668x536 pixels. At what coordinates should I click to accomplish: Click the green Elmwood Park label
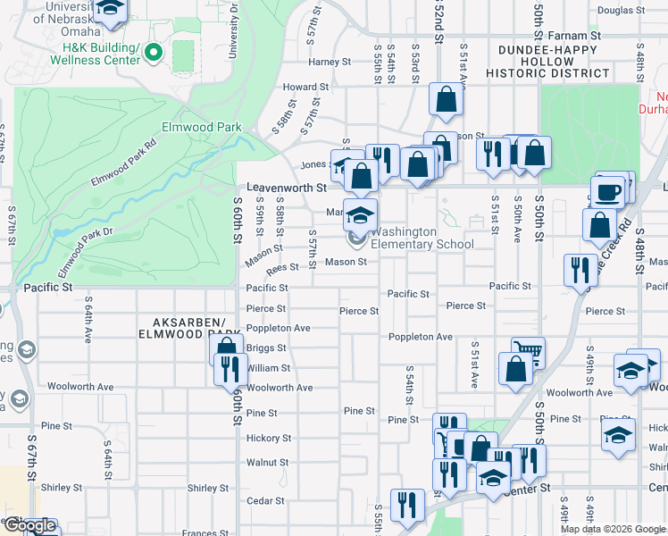[200, 127]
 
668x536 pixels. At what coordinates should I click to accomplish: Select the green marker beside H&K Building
[154, 53]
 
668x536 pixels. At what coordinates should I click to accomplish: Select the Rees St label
[282, 267]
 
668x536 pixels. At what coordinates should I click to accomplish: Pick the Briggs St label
[266, 348]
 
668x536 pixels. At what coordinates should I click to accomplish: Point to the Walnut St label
[267, 462]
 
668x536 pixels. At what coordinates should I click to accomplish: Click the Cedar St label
[264, 501]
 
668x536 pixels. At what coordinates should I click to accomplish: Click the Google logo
[29, 525]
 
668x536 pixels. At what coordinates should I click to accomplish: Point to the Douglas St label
[621, 11]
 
